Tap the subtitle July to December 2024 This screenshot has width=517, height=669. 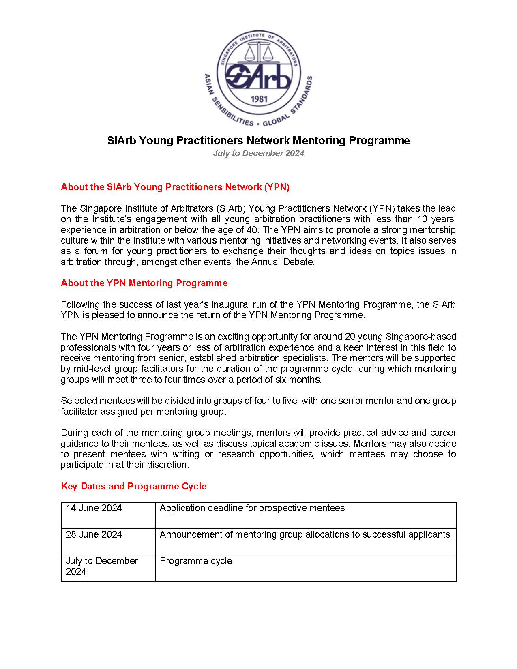point(258,153)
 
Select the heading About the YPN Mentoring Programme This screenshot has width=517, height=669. point(144,283)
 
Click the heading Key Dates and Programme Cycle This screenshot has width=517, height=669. point(133,486)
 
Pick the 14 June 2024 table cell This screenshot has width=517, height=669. point(94,508)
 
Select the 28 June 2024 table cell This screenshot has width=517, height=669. point(94,535)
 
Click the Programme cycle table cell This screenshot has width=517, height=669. point(196,561)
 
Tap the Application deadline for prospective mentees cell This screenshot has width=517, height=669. point(252,508)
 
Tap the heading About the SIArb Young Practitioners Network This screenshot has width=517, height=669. point(175,187)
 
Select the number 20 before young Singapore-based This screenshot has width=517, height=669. point(350,337)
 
